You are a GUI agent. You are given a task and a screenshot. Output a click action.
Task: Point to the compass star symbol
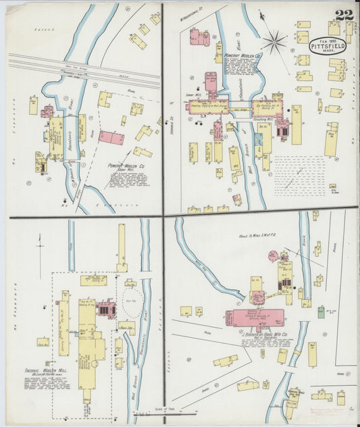click(x=274, y=42)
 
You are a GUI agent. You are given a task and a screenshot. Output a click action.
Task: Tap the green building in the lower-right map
click(x=321, y=311)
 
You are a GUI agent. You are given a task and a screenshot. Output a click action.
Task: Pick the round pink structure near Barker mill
click(x=273, y=256)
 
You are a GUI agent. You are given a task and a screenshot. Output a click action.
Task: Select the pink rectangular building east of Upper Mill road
click(x=111, y=137)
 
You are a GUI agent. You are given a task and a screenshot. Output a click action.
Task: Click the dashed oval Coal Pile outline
click(x=130, y=307)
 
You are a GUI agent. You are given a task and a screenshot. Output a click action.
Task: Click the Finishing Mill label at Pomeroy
click(x=264, y=118)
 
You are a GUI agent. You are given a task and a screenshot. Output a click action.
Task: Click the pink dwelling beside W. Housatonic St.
click(x=199, y=37)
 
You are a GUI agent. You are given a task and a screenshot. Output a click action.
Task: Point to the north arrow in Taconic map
click(x=41, y=247)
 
